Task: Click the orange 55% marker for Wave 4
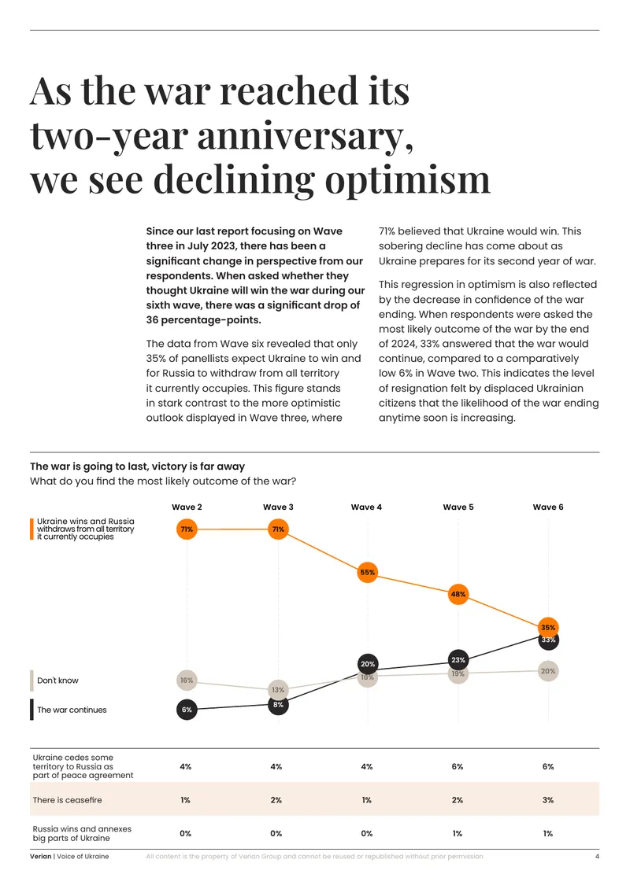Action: pyautogui.click(x=368, y=572)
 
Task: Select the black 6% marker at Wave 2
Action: pyautogui.click(x=187, y=710)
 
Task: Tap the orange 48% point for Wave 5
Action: pyautogui.click(x=458, y=594)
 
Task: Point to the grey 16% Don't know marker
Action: pyautogui.click(x=187, y=680)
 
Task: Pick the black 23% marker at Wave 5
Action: pyautogui.click(x=458, y=660)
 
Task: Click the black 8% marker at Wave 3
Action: pyautogui.click(x=278, y=705)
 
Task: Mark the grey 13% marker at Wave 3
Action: pyautogui.click(x=278, y=689)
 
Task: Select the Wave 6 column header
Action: pyautogui.click(x=547, y=507)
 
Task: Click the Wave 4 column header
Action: pyautogui.click(x=366, y=507)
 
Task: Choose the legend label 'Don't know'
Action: pyautogui.click(x=58, y=681)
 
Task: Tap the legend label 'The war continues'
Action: pyautogui.click(x=72, y=710)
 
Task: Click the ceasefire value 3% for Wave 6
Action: pyautogui.click(x=547, y=800)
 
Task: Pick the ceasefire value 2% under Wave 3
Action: pyautogui.click(x=276, y=800)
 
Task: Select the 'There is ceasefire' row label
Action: pyautogui.click(x=68, y=800)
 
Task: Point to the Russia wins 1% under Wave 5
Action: pyautogui.click(x=458, y=833)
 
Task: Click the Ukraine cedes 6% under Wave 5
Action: pyautogui.click(x=458, y=766)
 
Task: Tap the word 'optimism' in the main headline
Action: pyautogui.click(x=407, y=179)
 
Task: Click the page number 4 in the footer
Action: pyautogui.click(x=597, y=856)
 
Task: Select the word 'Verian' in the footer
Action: pyautogui.click(x=41, y=856)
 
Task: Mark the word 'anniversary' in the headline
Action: pyautogui.click(x=305, y=136)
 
